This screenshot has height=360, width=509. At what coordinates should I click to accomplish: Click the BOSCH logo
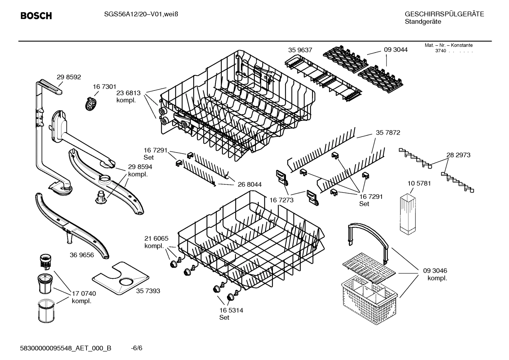click(x=36, y=16)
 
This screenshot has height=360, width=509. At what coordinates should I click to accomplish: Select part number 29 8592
click(x=69, y=77)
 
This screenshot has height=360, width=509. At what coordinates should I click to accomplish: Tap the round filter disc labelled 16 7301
click(x=91, y=104)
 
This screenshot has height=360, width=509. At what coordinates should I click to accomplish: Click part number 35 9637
click(x=300, y=50)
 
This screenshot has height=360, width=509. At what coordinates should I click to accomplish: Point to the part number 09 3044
click(x=395, y=50)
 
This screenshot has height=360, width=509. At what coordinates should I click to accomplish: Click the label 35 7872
click(x=388, y=132)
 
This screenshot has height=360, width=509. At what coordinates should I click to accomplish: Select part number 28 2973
click(x=458, y=155)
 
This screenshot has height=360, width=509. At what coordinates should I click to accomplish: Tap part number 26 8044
click(x=250, y=184)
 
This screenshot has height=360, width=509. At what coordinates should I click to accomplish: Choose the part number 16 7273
click(x=281, y=200)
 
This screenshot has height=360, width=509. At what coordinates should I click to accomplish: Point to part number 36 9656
click(x=82, y=255)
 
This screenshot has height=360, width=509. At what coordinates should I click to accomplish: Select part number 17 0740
click(x=84, y=293)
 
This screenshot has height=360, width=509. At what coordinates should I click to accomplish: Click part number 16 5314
click(x=231, y=310)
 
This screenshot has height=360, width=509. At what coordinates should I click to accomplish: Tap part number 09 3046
click(x=435, y=271)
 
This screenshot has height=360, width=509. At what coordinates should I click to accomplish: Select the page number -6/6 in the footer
click(x=136, y=348)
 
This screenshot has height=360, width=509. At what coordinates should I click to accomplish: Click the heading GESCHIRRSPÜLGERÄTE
click(x=444, y=14)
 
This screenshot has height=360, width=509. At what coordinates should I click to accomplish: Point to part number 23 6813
click(x=128, y=93)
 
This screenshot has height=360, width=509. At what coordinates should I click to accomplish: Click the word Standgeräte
click(x=423, y=22)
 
